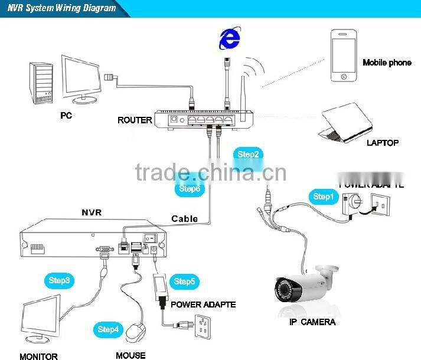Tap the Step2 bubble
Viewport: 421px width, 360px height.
point(248,155)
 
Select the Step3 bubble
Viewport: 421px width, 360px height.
point(59,280)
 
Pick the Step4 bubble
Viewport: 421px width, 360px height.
point(109,329)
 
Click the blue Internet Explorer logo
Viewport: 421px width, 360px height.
point(230,40)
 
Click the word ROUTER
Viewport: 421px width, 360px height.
point(135,120)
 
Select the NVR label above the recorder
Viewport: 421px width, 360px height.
point(92,211)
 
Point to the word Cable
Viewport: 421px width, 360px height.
point(184,218)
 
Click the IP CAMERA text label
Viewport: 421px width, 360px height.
point(312,322)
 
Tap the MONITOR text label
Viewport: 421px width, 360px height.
point(38,356)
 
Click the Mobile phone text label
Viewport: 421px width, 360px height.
point(387,63)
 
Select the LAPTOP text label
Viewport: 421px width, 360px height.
point(382,143)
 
